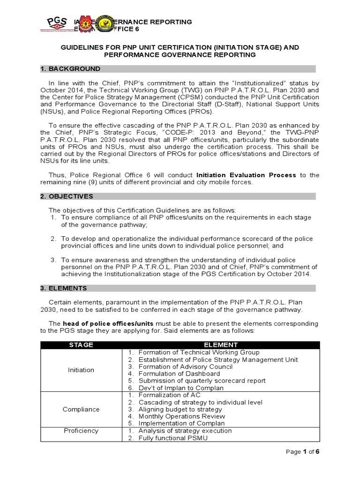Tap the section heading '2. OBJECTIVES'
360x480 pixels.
coord(67,196)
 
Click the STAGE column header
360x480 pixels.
coord(81,345)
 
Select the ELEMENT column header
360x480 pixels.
coord(221,345)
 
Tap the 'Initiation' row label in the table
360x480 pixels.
coord(81,370)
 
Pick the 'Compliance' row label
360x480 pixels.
coord(81,409)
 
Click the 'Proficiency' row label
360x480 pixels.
coord(81,431)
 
